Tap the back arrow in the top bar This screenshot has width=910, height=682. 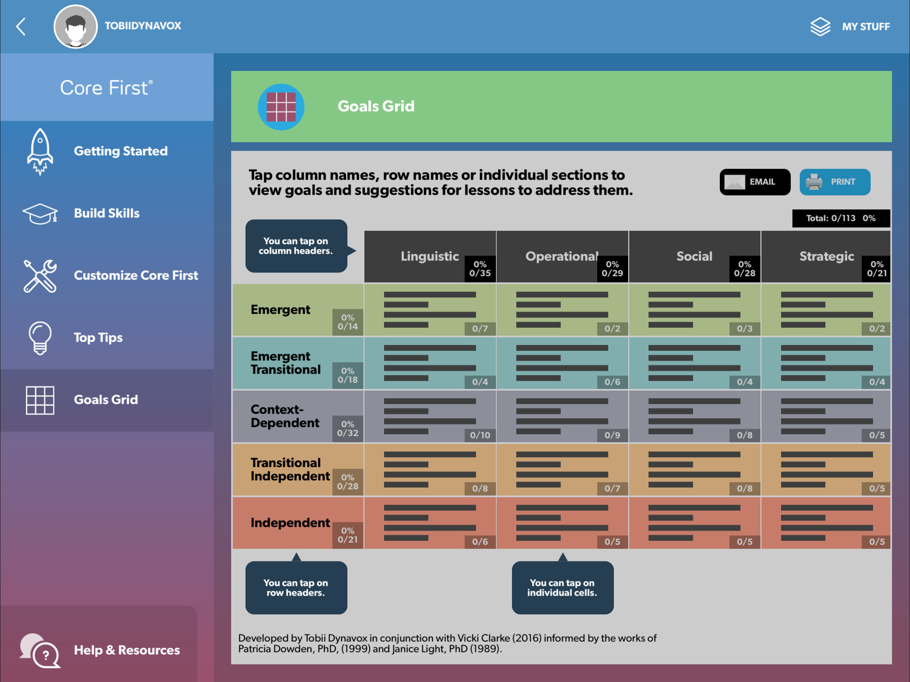click(21, 27)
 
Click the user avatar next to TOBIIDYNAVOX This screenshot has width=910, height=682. click(76, 27)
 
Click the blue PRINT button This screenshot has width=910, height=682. click(834, 182)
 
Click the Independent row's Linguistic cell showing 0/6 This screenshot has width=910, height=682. click(430, 523)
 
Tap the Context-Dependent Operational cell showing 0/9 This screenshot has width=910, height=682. click(562, 416)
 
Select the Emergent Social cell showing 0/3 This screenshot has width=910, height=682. click(694, 310)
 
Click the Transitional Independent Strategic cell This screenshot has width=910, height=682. click(826, 470)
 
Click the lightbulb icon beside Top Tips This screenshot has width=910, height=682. click(40, 338)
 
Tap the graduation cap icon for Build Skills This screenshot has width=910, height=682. click(40, 213)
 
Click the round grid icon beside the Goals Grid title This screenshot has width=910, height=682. click(281, 107)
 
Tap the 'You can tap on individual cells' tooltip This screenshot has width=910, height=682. click(562, 587)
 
